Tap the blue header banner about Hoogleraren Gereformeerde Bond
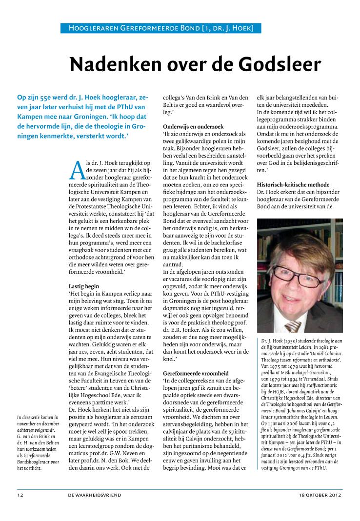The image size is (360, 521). tap(161, 28)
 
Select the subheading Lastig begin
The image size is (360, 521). tap(84, 286)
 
